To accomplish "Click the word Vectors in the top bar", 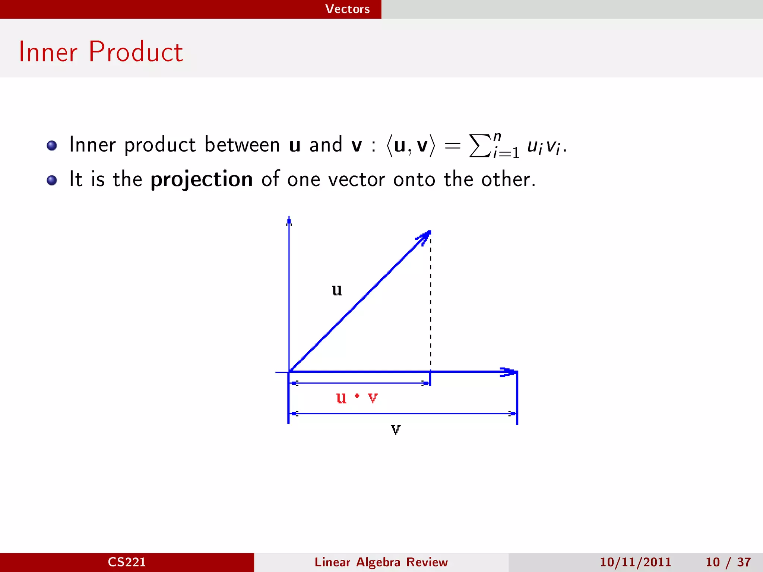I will [x=347, y=9].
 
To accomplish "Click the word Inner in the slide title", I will [x=48, y=52].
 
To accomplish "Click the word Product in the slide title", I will [x=136, y=52].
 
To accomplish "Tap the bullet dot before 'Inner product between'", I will [x=52, y=145].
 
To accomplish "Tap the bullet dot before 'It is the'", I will [x=52, y=180].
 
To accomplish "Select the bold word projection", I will [x=202, y=180].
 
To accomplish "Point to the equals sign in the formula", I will [x=452, y=146].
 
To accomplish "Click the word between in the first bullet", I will [x=242, y=144].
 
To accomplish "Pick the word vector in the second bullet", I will [x=357, y=179].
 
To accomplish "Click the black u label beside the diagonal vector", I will [x=337, y=290].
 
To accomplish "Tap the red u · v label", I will [x=357, y=398].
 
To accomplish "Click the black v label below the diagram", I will [x=396, y=430].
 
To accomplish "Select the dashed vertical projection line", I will [x=431, y=302].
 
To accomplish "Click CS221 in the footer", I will [x=127, y=562].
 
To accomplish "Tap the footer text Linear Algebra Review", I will [x=381, y=562].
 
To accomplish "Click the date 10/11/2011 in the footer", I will [x=635, y=562].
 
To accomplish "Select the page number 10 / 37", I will [x=728, y=562].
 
